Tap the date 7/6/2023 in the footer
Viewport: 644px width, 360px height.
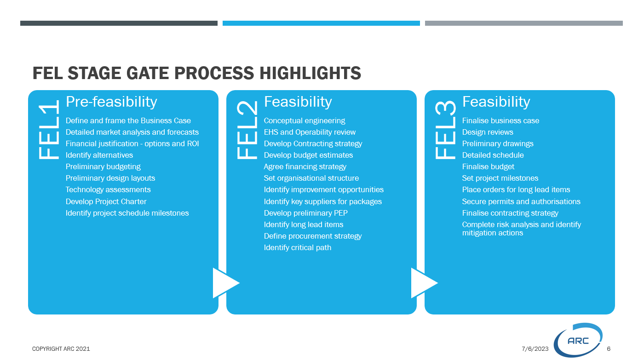coord(535,349)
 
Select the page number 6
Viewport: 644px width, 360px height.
coord(609,349)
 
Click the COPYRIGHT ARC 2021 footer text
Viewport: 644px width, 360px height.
coord(61,349)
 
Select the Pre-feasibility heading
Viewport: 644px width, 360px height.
coord(111,102)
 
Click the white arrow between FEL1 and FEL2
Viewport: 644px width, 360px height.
coord(226,283)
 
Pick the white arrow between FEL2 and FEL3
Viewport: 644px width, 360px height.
coord(425,283)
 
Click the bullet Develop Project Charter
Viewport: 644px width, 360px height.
coord(106,201)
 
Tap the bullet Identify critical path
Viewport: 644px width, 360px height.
coord(298,248)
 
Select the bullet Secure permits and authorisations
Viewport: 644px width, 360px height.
coord(521,201)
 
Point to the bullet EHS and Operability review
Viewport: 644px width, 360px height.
coord(310,132)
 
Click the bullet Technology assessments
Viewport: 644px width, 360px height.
coord(108,189)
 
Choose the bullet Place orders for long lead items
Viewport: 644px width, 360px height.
coord(516,189)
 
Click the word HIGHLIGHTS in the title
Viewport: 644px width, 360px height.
coord(310,73)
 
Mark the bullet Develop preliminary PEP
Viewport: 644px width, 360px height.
coord(305,213)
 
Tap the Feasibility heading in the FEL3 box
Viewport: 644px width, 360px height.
coord(496,102)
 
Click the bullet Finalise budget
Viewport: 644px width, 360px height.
coord(488,166)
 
